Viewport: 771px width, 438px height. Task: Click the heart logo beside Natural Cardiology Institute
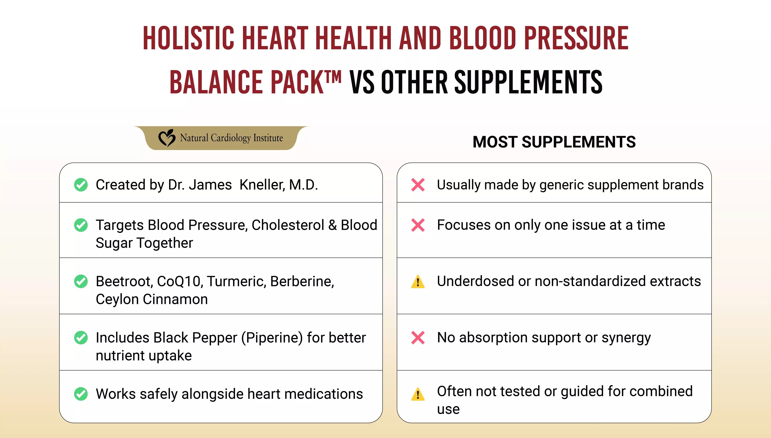coord(167,138)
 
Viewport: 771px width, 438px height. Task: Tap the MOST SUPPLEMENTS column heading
coord(554,142)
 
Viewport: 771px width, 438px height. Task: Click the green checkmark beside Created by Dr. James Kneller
coord(81,185)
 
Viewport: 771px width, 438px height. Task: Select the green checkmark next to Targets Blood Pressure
coord(81,225)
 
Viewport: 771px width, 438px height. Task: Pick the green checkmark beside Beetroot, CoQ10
coord(81,281)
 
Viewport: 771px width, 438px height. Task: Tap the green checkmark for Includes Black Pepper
coord(81,338)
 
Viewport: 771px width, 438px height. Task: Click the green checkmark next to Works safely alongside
coord(81,394)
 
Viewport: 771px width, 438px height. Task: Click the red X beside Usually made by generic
coord(418,185)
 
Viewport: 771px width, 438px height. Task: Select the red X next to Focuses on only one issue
coord(418,225)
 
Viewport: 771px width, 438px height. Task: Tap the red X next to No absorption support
coord(418,338)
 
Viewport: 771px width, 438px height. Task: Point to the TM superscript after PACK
coord(333,77)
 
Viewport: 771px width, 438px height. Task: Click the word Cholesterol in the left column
coord(288,225)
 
